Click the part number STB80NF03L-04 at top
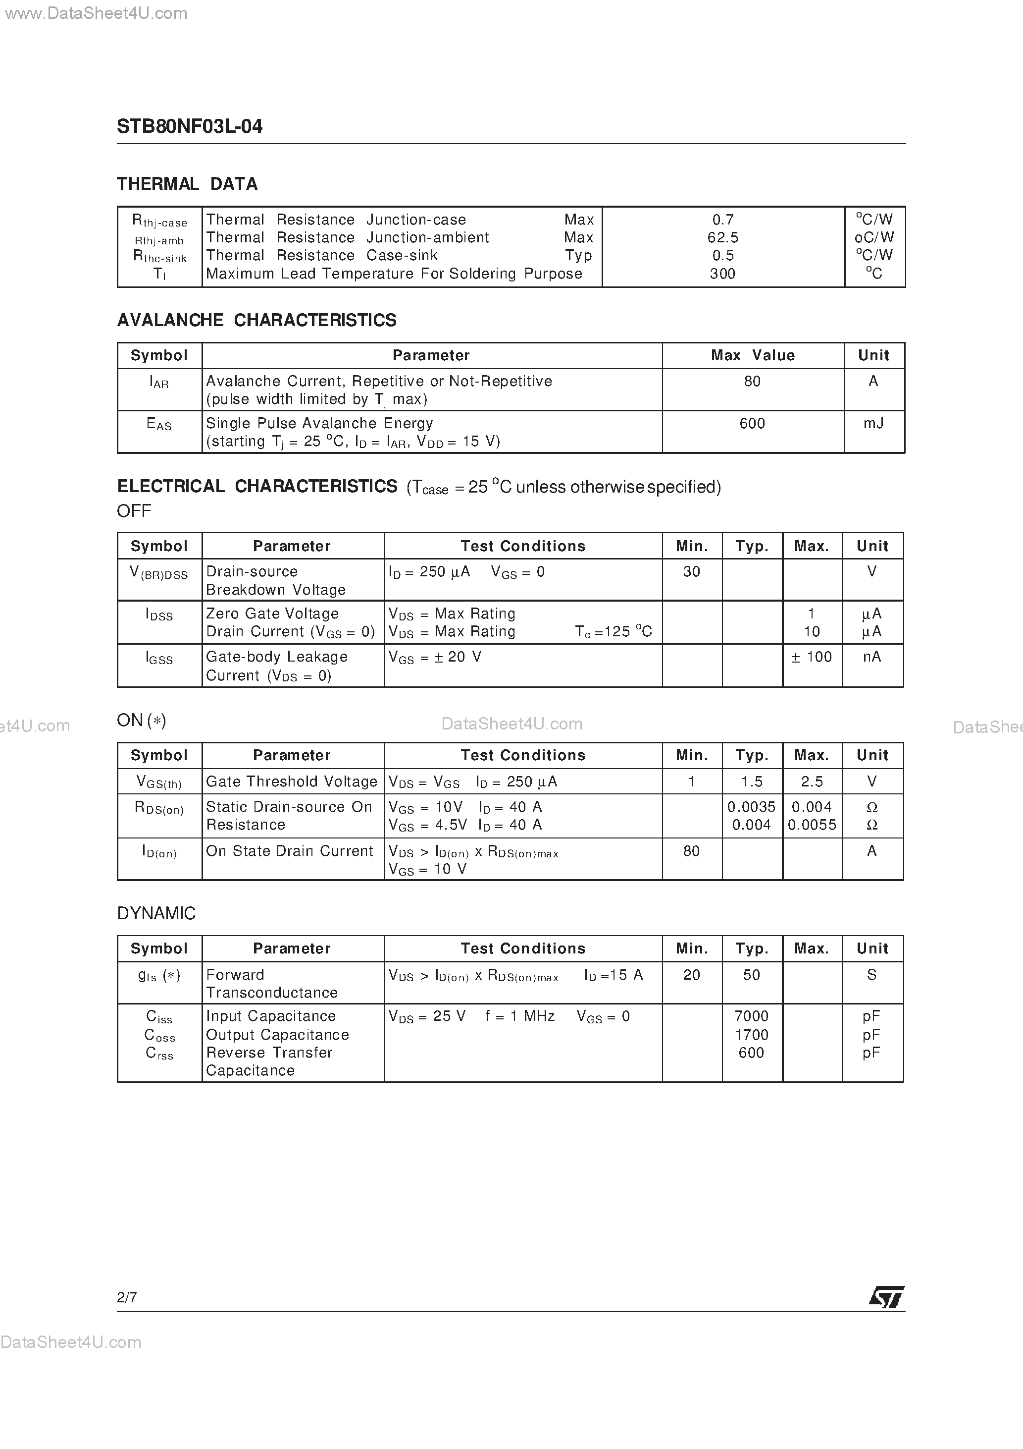[189, 126]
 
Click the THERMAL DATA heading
[187, 184]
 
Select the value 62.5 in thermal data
[723, 237]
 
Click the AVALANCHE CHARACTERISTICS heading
[256, 320]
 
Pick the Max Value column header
[753, 355]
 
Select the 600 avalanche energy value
[752, 424]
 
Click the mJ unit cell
[873, 424]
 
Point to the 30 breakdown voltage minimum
[691, 571]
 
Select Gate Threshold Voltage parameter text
[291, 781]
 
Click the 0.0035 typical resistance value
[751, 807]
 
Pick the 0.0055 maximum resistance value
[812, 824]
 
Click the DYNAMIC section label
[156, 913]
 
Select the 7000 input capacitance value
[751, 1016]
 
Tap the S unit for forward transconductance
[871, 975]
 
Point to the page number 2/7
[127, 1297]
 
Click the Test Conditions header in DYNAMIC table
[523, 948]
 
